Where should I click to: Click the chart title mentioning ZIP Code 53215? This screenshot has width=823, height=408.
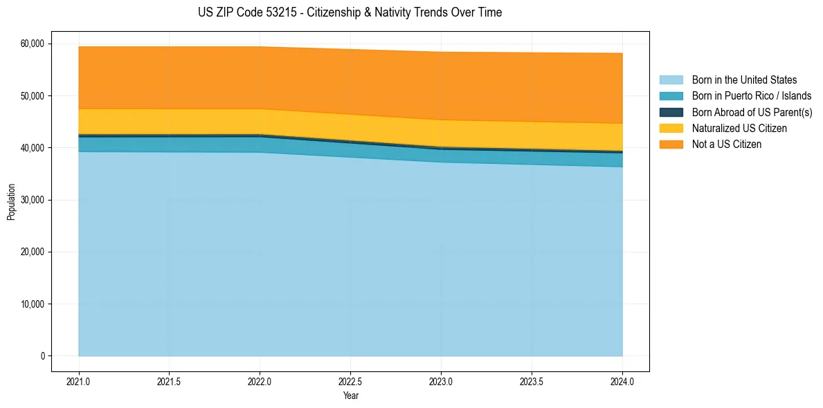click(350, 12)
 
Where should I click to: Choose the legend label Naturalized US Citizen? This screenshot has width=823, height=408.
click(739, 129)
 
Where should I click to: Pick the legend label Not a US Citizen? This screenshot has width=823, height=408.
click(726, 145)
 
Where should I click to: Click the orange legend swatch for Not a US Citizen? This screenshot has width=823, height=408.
click(671, 145)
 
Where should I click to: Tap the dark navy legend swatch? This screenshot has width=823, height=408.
click(671, 112)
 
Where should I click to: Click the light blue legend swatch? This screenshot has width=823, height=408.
click(671, 80)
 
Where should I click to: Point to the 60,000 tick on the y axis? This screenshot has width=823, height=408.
click(33, 44)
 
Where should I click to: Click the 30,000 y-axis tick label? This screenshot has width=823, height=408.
click(33, 200)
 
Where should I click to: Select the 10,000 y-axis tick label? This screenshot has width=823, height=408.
click(33, 304)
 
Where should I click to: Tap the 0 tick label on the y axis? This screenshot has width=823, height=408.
click(42, 356)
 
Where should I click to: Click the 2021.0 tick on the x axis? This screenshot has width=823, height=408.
click(79, 381)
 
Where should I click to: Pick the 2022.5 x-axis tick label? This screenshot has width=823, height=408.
click(350, 381)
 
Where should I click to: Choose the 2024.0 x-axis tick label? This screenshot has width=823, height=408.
click(622, 381)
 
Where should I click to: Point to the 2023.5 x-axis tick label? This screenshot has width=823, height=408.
click(532, 381)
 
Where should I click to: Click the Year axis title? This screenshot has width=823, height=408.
click(350, 396)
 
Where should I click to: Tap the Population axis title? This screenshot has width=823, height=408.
click(11, 202)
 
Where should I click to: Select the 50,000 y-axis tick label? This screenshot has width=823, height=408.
click(33, 95)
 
